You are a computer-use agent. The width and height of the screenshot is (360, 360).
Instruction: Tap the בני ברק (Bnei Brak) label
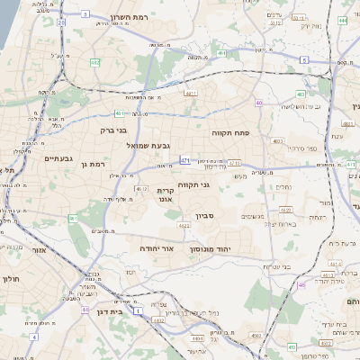tap(113, 130)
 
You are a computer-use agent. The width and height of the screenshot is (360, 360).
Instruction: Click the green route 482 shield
tap(94, 62)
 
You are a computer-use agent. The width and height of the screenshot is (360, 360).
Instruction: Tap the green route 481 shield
tap(119, 113)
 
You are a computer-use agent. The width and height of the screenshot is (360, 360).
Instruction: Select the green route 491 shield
tap(221, 54)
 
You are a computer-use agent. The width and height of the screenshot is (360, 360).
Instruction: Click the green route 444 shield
tap(343, 18)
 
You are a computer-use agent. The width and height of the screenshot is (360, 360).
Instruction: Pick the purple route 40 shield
tap(259, 103)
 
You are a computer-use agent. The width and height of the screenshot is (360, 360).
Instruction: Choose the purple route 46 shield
tap(301, 284)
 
